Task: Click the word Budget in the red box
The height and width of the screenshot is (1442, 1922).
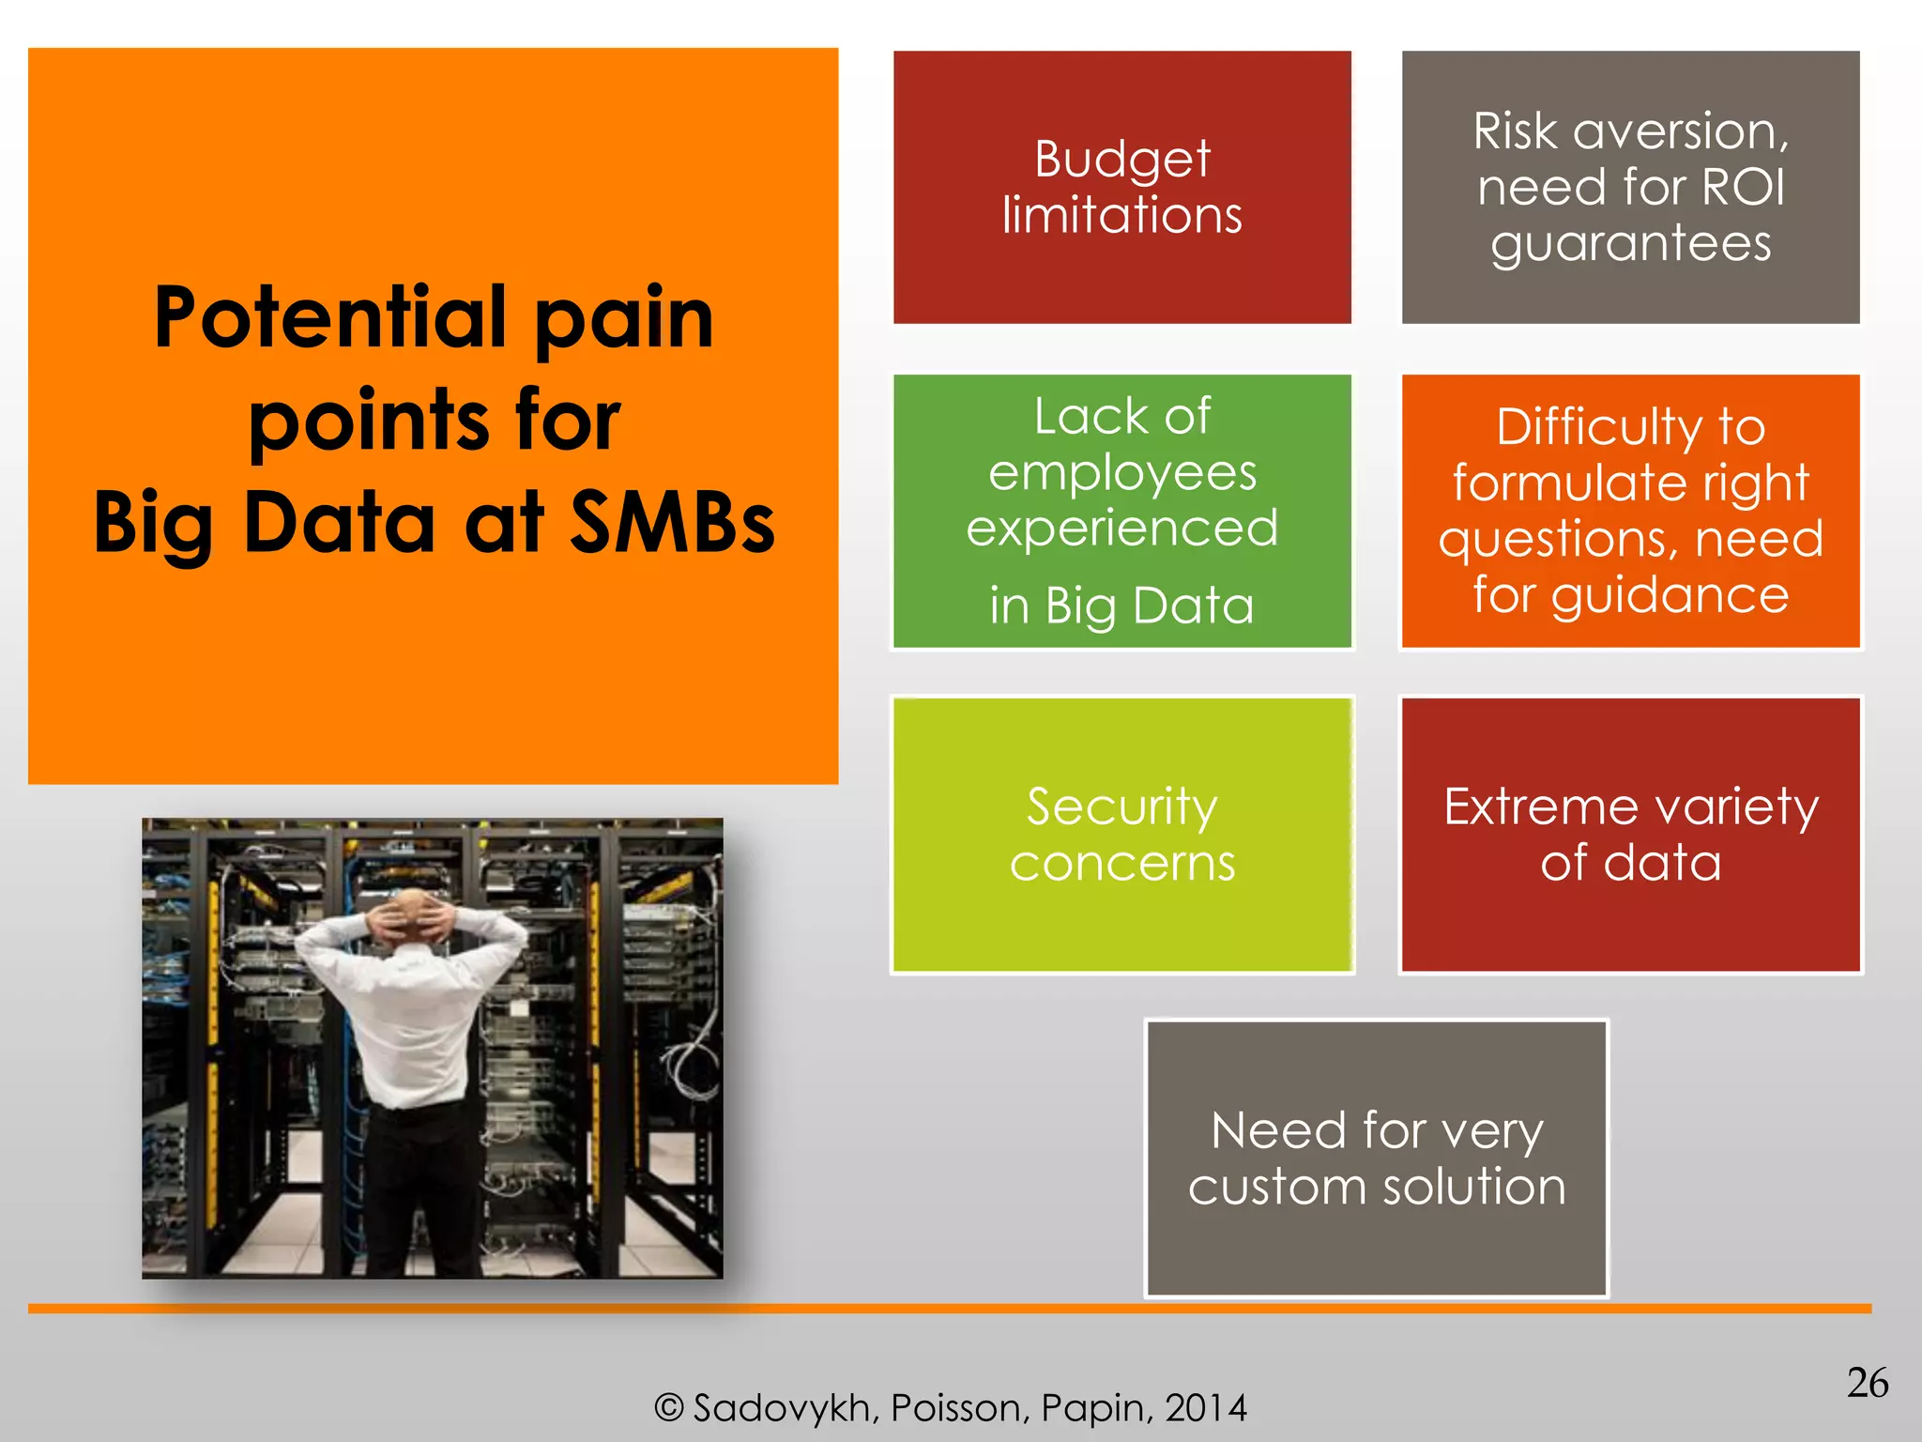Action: coord(1122,160)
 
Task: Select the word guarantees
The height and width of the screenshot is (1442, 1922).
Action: coord(1631,244)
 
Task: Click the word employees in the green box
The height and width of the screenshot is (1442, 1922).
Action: coord(1122,473)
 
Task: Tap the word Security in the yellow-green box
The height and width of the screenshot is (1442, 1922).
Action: coord(1122,806)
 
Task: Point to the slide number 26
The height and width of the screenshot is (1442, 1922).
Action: coord(1867,1383)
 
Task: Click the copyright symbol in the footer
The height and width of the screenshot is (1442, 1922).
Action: coord(668,1408)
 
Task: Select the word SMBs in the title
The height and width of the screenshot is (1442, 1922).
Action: coord(672,523)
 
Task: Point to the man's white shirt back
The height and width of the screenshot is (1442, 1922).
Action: coord(413,1014)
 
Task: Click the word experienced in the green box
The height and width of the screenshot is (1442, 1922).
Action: coord(1122,529)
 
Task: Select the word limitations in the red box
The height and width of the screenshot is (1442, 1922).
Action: coord(1122,215)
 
